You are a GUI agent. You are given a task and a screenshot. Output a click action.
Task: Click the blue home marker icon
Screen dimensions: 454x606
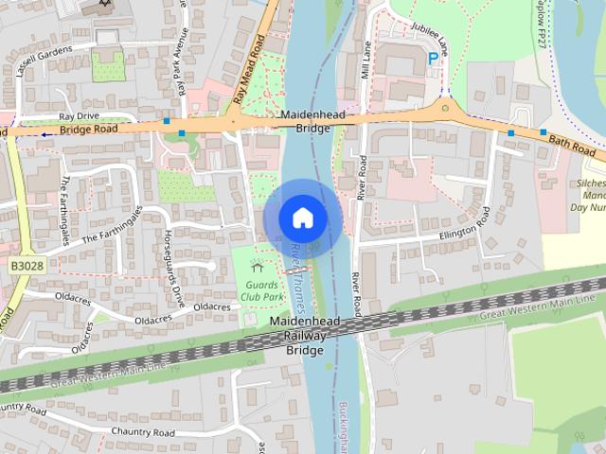(303, 218)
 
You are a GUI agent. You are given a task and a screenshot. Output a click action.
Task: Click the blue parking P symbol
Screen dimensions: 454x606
(434, 59)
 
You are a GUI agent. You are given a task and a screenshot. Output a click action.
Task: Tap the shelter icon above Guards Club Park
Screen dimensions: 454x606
(257, 268)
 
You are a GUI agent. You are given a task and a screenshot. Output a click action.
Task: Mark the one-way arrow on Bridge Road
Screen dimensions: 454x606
(46, 133)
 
